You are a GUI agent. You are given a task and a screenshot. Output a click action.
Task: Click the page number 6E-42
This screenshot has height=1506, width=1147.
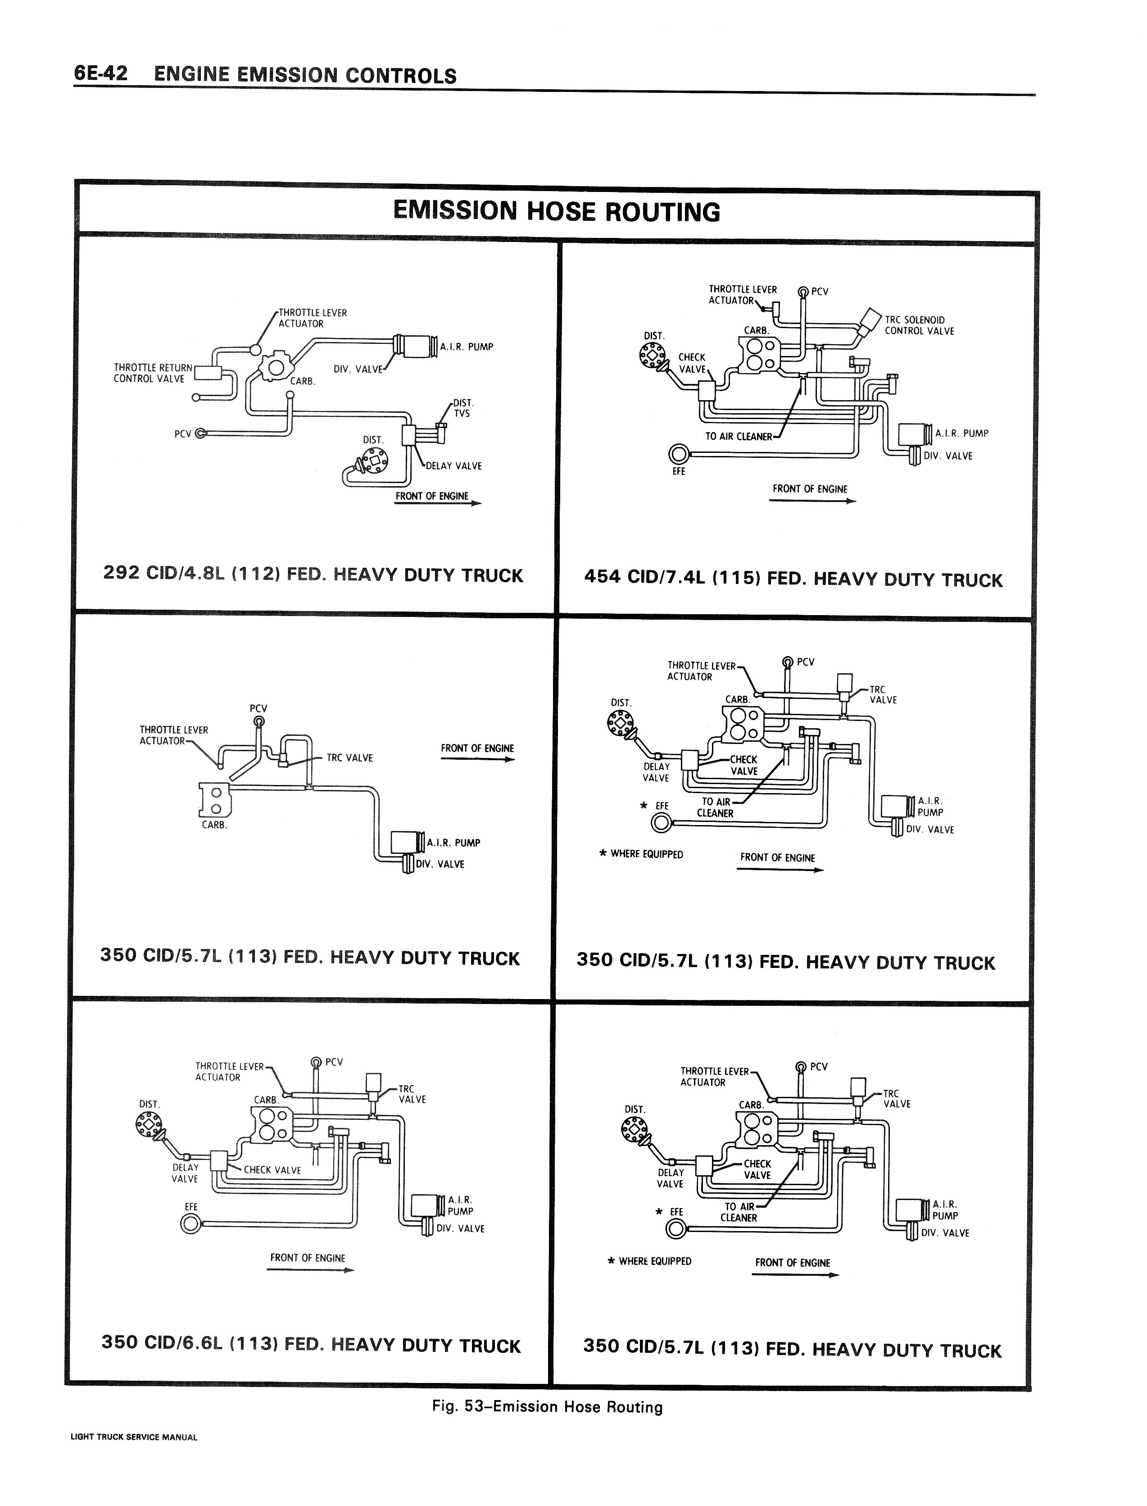pos(100,74)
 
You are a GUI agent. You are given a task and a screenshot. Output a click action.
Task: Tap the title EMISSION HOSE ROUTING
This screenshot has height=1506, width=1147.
pos(557,212)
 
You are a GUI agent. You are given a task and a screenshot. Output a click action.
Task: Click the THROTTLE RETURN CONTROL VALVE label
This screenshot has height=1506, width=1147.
pos(153,373)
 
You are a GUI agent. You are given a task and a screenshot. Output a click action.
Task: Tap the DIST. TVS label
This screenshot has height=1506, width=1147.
pos(462,408)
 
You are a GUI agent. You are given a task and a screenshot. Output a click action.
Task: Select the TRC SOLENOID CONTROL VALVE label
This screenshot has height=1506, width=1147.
pos(919,325)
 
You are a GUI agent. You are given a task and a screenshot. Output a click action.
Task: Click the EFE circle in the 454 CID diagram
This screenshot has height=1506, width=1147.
pos(679,454)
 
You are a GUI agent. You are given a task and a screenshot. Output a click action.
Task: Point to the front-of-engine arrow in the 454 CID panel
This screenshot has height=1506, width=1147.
pos(812,501)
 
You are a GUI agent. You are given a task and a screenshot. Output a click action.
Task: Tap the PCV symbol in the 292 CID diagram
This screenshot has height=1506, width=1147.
pos(200,433)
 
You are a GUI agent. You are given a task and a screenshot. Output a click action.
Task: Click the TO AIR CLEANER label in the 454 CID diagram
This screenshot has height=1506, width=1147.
pos(738,436)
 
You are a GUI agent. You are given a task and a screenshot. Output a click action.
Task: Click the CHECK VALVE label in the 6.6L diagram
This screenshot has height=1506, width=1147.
pos(272,1170)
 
